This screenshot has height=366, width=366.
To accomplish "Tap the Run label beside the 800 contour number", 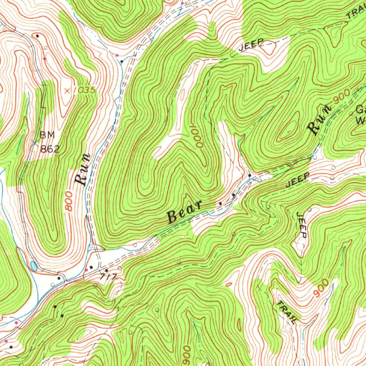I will [x=82, y=170].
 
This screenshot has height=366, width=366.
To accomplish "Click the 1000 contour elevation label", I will [x=198, y=137].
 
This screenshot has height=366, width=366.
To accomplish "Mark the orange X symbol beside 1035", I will [x=67, y=91].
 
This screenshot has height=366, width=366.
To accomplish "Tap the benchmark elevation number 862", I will [x=49, y=149].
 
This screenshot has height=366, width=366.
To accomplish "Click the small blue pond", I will [x=34, y=266].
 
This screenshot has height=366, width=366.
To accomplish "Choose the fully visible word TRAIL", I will [x=286, y=312].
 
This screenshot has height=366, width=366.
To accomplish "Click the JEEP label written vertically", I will [x=302, y=225].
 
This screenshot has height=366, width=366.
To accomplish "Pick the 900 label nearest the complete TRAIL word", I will [x=321, y=288].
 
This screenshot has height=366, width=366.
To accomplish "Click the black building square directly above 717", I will [x=106, y=270].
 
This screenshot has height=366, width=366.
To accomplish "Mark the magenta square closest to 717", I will [x=86, y=269].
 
